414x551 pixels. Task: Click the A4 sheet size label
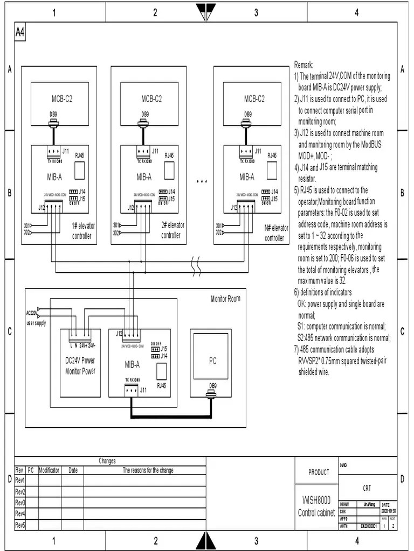pyautogui.click(x=19, y=33)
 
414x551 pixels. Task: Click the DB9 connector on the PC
pyautogui.click(x=213, y=395)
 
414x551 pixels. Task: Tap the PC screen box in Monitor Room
pyautogui.click(x=212, y=361)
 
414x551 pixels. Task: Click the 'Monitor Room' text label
pyautogui.click(x=225, y=299)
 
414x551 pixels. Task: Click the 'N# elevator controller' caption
pyautogui.click(x=276, y=233)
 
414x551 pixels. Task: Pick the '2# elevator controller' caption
pyautogui.click(x=172, y=230)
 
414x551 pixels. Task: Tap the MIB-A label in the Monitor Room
pyautogui.click(x=132, y=364)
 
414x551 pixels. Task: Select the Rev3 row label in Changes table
pyautogui.click(x=20, y=503)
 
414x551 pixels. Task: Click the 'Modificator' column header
pyautogui.click(x=49, y=470)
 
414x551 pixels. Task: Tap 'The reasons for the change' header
pyautogui.click(x=148, y=470)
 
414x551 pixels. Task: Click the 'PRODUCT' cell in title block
pyautogui.click(x=319, y=472)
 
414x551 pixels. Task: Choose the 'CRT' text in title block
pyautogui.click(x=367, y=488)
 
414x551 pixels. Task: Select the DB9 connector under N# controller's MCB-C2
pyautogui.click(x=247, y=124)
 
